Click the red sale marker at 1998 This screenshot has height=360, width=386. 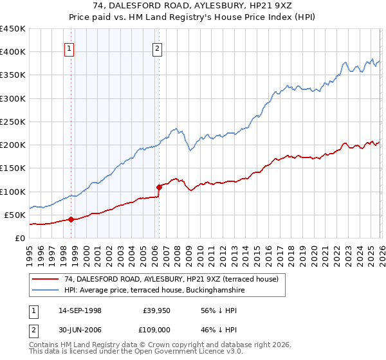pyautogui.click(x=71, y=219)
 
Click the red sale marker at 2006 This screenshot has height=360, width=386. pyautogui.click(x=159, y=187)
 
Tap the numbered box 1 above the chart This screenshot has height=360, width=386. pyautogui.click(x=69, y=47)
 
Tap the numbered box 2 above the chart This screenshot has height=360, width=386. pyautogui.click(x=157, y=47)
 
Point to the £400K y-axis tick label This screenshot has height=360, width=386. pyautogui.click(x=13, y=52)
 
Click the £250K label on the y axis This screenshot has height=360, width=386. pyautogui.click(x=13, y=122)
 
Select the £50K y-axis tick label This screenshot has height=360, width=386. pyautogui.click(x=15, y=215)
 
